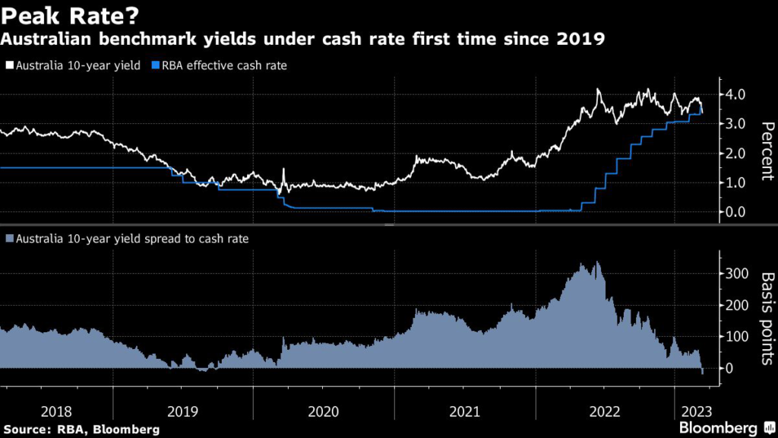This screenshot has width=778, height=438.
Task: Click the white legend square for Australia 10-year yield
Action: [x=9, y=65]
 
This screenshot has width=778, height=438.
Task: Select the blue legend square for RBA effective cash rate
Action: [x=157, y=65]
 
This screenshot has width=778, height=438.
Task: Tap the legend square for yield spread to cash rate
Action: [x=9, y=239]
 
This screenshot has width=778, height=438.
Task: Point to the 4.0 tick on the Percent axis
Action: [x=740, y=94]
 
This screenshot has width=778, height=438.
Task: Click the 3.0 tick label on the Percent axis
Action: [x=740, y=124]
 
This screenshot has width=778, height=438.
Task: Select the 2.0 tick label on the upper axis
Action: [x=740, y=154]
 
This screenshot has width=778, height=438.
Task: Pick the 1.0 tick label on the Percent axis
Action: [x=740, y=182]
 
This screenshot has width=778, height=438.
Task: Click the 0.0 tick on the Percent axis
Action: [x=740, y=212]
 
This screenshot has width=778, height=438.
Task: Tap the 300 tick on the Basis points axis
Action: [x=740, y=274]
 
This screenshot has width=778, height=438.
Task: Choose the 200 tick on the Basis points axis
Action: [x=740, y=305]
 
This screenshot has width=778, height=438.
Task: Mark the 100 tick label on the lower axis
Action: [x=740, y=336]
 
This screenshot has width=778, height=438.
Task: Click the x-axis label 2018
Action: [x=56, y=411]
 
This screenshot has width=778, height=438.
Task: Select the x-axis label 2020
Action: [x=324, y=411]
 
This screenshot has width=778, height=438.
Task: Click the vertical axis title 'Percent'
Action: [x=767, y=151]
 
